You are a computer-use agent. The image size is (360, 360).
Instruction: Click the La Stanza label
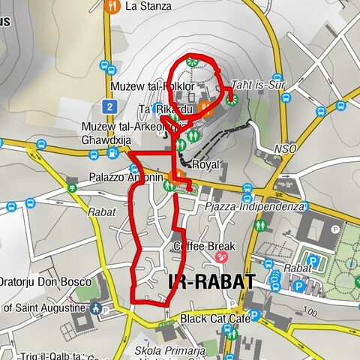(x=148, y=7)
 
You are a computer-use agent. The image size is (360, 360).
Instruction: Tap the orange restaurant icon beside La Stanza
(x=113, y=7)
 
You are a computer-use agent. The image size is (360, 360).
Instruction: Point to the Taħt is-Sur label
(x=259, y=83)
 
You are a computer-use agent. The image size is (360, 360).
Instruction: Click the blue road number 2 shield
(x=109, y=107)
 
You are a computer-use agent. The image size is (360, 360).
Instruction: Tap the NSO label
(x=286, y=148)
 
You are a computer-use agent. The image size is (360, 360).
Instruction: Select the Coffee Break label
(x=205, y=245)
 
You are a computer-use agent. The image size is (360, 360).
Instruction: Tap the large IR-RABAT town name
(x=207, y=282)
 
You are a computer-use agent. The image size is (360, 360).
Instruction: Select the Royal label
(x=205, y=164)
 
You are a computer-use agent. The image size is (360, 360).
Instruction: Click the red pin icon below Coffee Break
(x=222, y=257)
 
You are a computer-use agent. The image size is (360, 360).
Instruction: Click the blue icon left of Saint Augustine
(x=96, y=307)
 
